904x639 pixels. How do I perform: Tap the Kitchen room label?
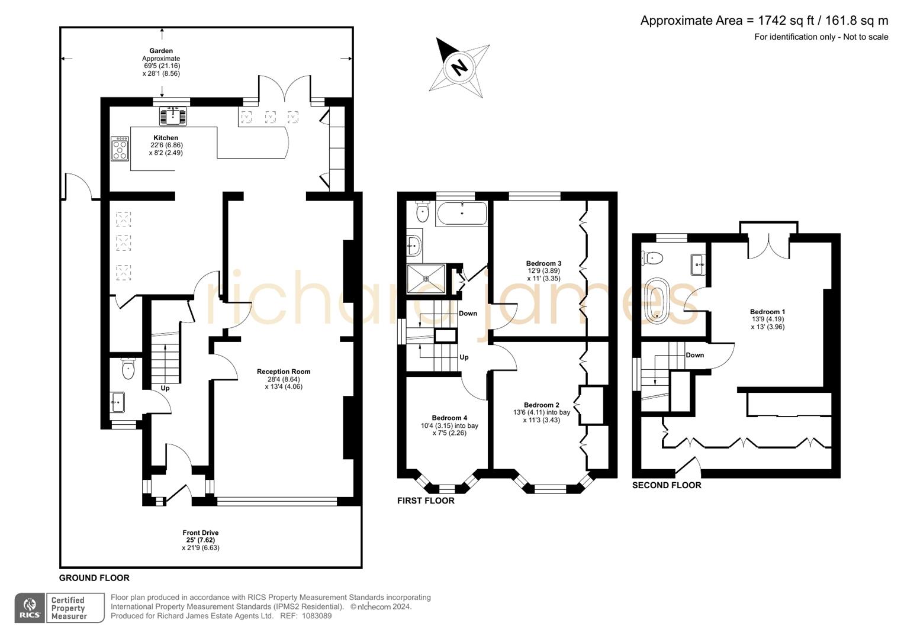(x=166, y=138)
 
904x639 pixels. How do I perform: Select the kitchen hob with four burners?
(x=120, y=149)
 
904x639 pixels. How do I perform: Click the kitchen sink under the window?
(x=173, y=116)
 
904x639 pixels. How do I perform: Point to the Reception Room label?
(x=284, y=372)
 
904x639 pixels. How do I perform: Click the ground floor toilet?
(x=128, y=369)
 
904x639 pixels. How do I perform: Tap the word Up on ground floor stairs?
(x=165, y=388)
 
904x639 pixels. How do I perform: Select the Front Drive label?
(x=201, y=532)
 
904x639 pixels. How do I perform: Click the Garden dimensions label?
(x=161, y=62)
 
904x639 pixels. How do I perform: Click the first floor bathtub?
(x=461, y=213)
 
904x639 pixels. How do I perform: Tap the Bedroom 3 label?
(x=543, y=263)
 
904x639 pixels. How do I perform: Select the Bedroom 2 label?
(x=541, y=405)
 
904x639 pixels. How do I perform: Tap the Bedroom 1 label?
(x=767, y=312)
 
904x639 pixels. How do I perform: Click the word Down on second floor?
(x=695, y=355)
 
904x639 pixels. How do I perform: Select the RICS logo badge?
(x=30, y=608)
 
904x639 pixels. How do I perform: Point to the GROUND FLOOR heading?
(x=94, y=578)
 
